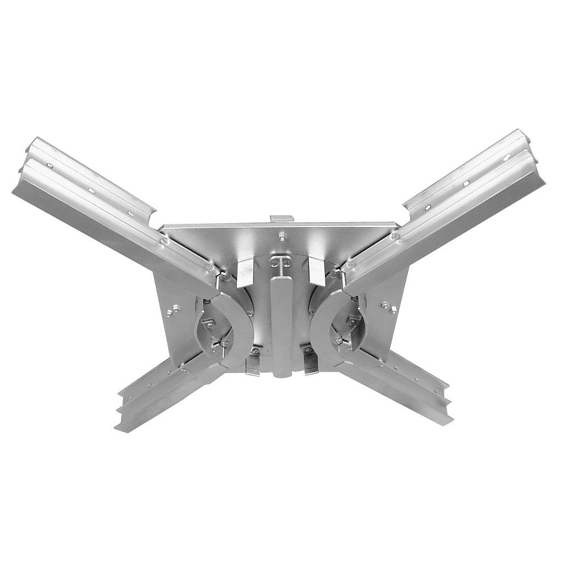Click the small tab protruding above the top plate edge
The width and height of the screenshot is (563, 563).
(281, 219)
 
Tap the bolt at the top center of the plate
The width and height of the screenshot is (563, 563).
(281, 236)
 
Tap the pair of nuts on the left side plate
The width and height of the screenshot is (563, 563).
(173, 311)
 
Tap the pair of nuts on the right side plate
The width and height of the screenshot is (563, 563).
(389, 307)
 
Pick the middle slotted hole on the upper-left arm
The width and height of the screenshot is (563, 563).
(91, 190)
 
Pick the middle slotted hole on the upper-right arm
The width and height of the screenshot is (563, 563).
(466, 183)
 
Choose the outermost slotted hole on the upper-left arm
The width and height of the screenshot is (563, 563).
(49, 165)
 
